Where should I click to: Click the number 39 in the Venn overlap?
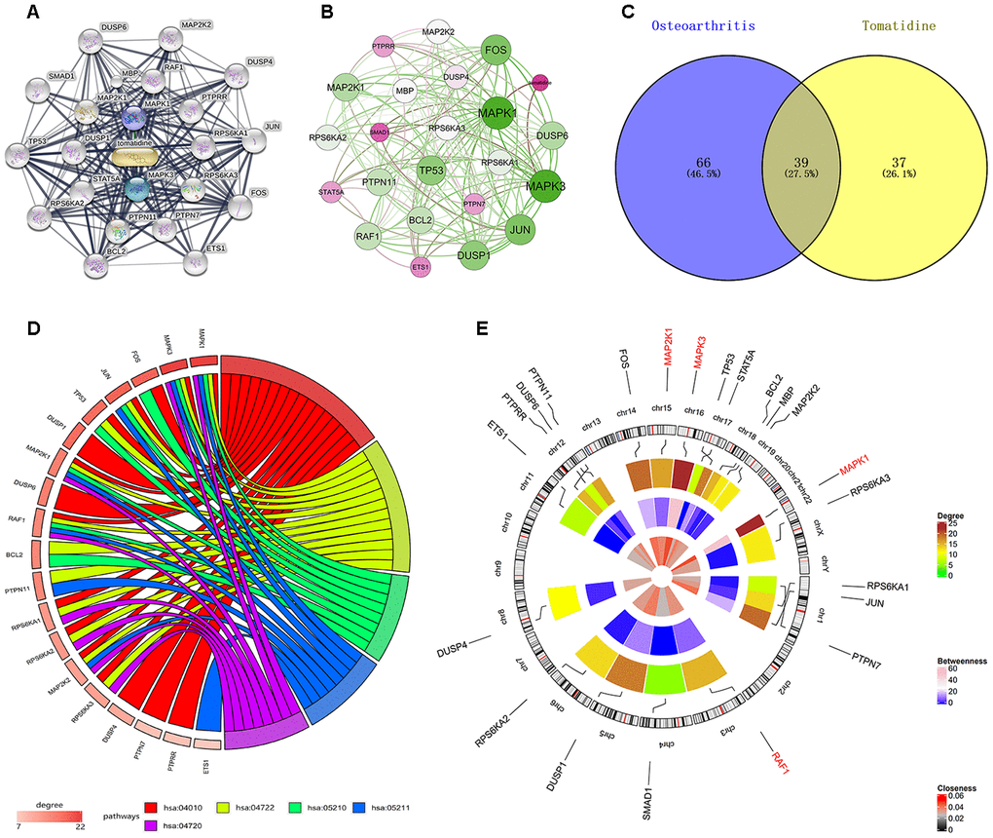point(786,161)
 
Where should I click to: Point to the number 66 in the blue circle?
point(678,161)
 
